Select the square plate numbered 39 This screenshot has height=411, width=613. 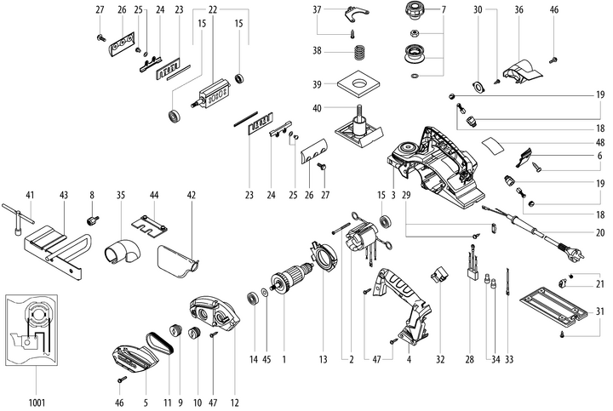tap(358, 87)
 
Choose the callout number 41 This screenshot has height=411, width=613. tap(31, 194)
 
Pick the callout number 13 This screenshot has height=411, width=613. tap(324, 359)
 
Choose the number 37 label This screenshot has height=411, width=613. tap(318, 9)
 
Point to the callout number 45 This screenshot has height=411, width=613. tap(267, 359)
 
